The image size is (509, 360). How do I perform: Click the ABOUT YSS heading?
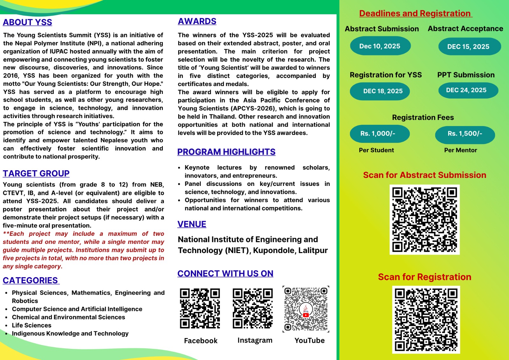tap(27, 22)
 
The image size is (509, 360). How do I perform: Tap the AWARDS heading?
tap(197, 21)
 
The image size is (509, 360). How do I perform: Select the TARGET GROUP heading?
tap(36, 173)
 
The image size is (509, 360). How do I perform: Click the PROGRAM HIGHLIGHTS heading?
tap(226, 152)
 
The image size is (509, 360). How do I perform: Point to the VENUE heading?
tap(192, 224)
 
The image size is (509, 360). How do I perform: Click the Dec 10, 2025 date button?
tap(380, 46)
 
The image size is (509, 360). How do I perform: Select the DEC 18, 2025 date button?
tap(383, 91)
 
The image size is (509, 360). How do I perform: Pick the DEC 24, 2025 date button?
tap(466, 90)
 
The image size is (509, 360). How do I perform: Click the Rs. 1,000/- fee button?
tap(378, 134)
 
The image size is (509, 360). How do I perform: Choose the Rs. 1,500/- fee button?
tap(465, 134)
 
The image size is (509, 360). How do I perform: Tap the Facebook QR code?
tap(200, 308)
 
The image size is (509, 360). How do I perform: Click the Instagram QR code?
tap(253, 308)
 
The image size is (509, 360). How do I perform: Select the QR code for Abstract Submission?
tap(424, 220)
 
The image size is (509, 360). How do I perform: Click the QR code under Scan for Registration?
tap(426, 320)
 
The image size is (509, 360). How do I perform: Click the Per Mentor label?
tap(460, 150)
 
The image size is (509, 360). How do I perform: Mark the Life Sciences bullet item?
tap(31, 325)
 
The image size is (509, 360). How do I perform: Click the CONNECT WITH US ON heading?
tap(225, 273)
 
